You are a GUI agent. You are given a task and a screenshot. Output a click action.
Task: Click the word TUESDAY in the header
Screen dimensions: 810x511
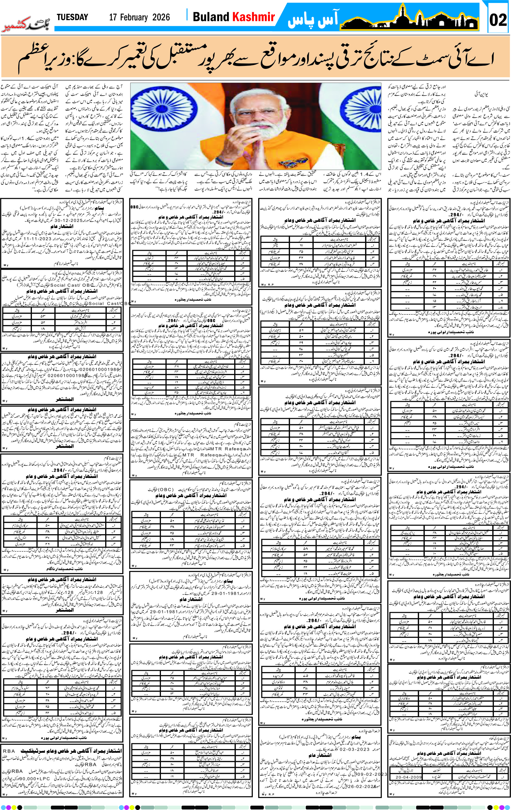[x=72, y=17]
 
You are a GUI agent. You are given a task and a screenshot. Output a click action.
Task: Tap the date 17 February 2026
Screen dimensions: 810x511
[x=139, y=17]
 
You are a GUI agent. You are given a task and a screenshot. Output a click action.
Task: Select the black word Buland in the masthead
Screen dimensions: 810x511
[x=211, y=17]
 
